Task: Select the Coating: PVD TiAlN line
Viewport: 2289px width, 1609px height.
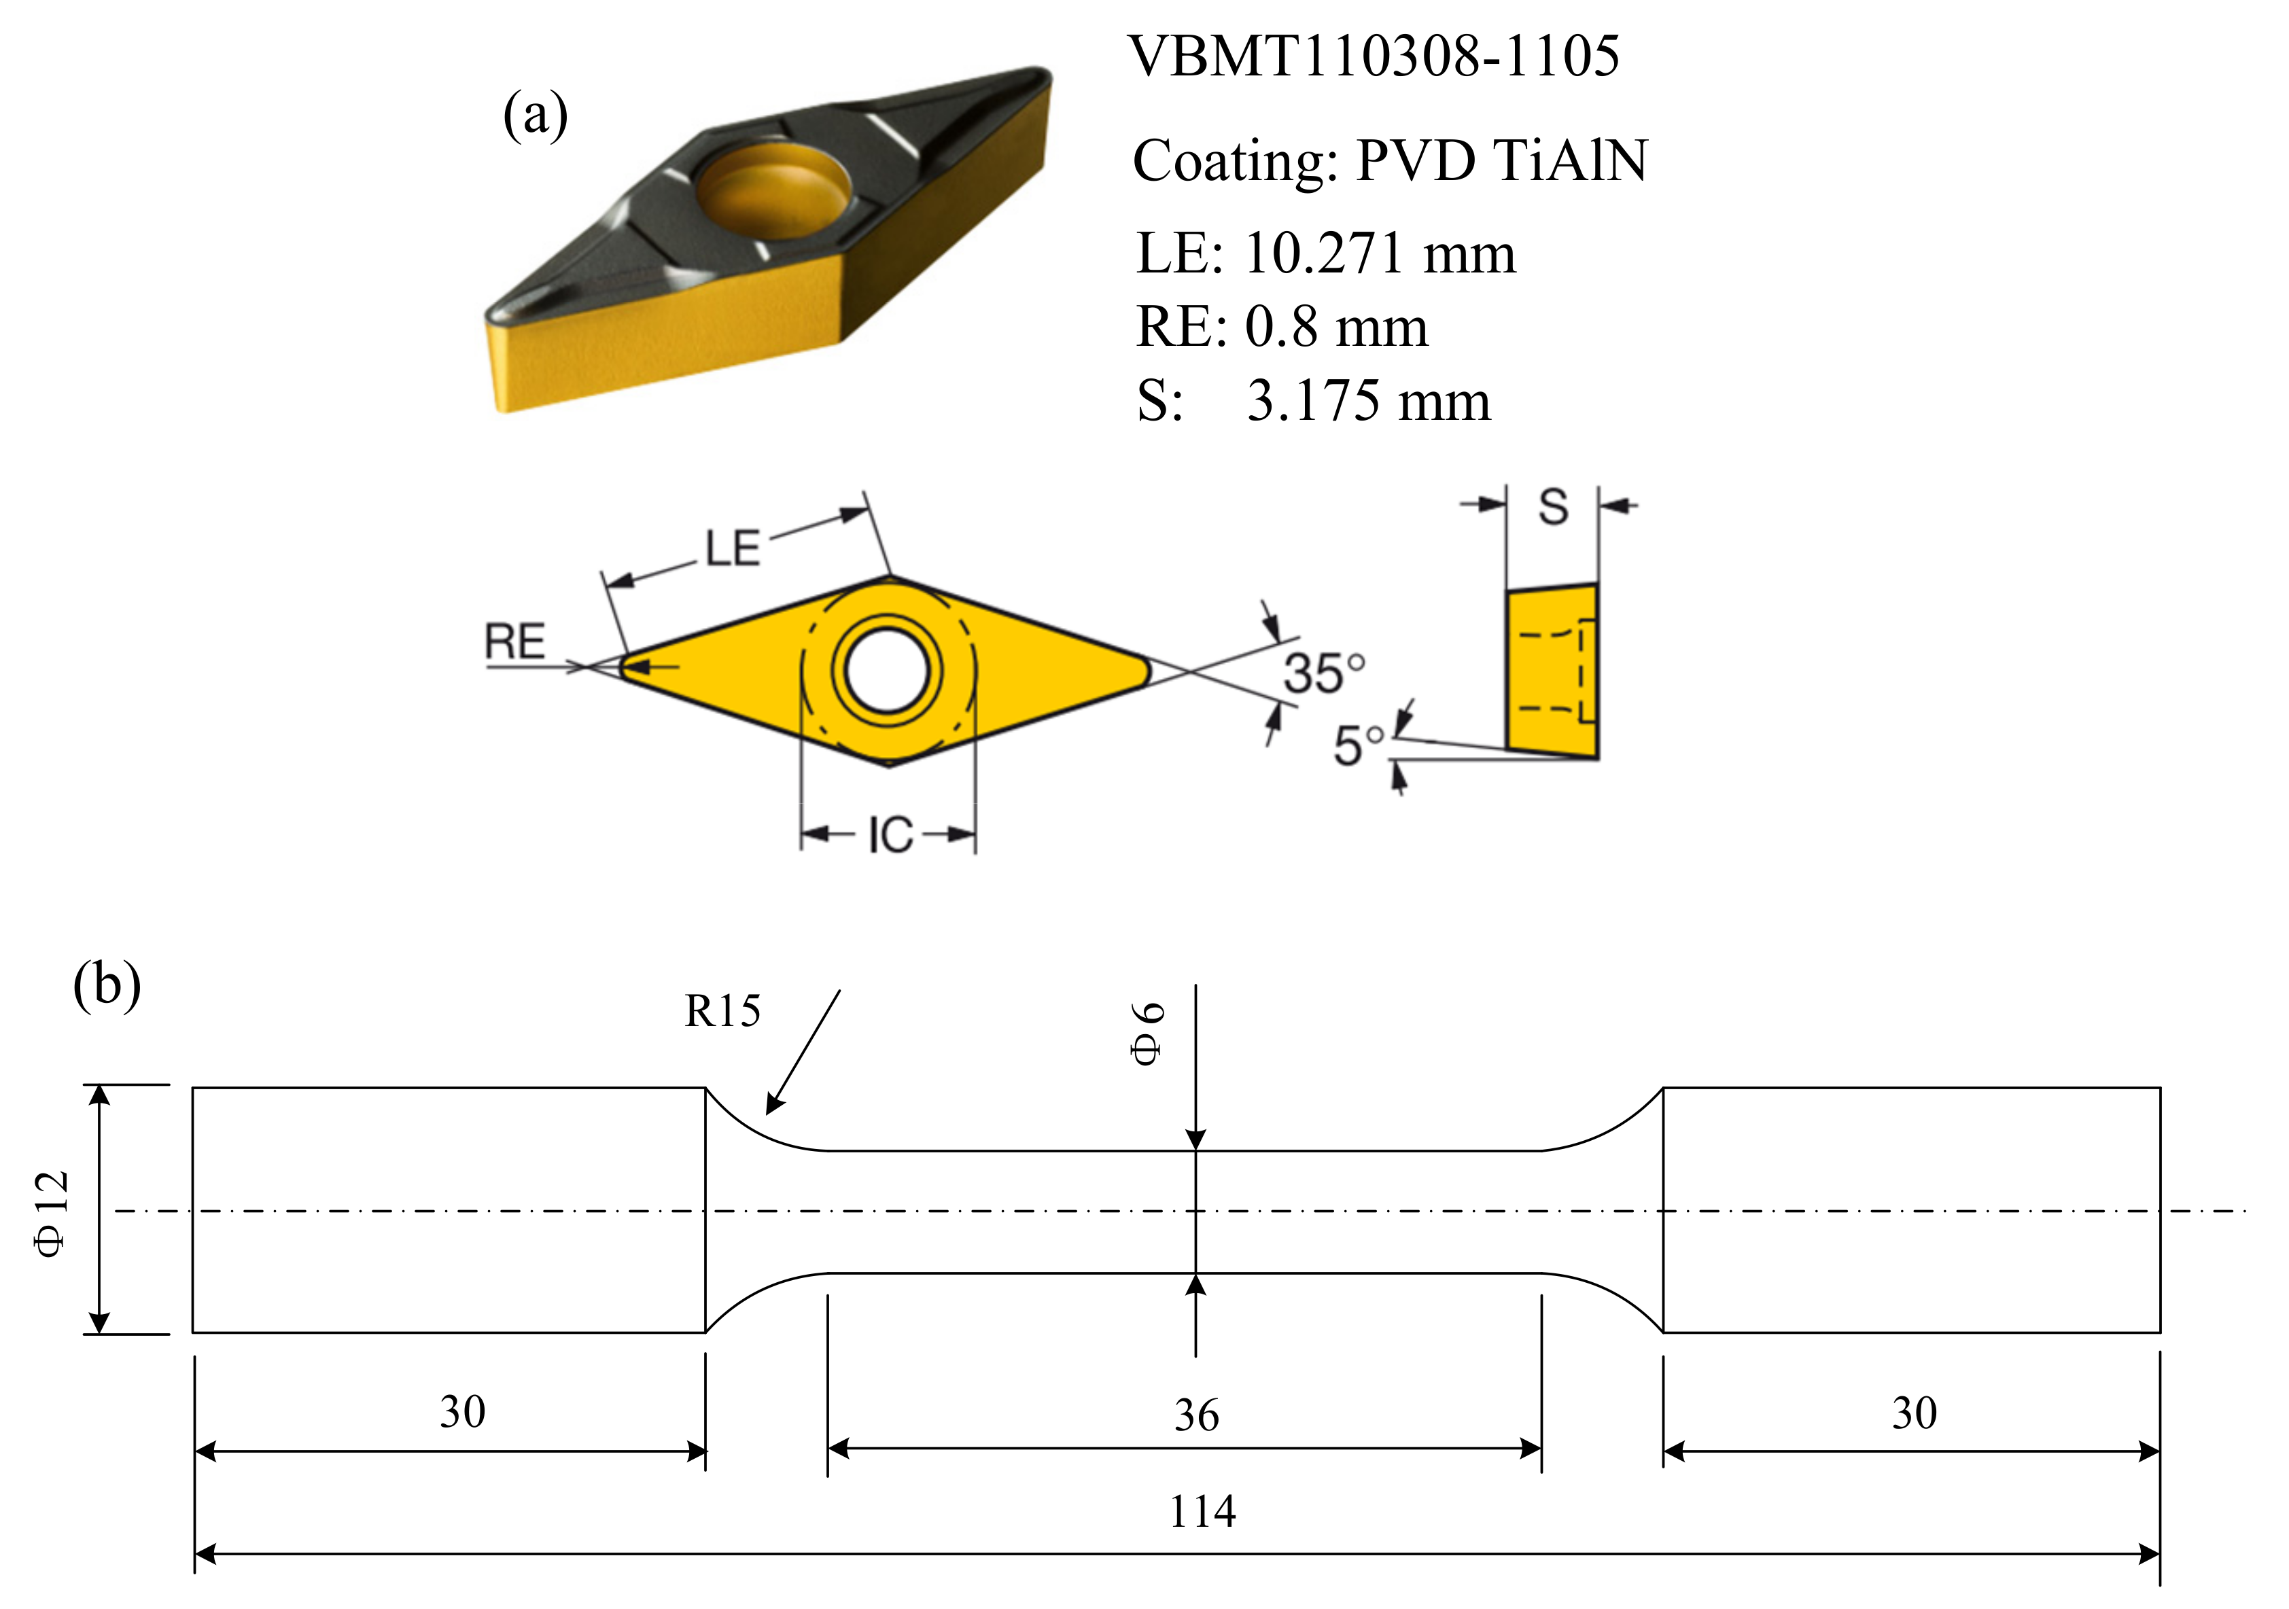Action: click(1390, 160)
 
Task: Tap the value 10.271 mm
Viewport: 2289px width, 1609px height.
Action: click(1380, 253)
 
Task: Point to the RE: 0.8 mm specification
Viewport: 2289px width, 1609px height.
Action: click(1282, 327)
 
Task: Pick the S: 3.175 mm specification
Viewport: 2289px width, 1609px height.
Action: click(1313, 401)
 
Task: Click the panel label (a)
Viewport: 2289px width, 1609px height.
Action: click(536, 115)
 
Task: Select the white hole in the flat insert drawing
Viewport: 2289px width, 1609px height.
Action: click(888, 669)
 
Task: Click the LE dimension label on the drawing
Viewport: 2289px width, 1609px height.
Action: click(733, 548)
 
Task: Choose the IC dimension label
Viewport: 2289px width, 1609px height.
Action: click(889, 835)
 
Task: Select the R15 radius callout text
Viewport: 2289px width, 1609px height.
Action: click(722, 1012)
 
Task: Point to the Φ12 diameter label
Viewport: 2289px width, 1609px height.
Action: click(52, 1214)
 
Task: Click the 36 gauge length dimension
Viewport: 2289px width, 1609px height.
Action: click(1196, 1415)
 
